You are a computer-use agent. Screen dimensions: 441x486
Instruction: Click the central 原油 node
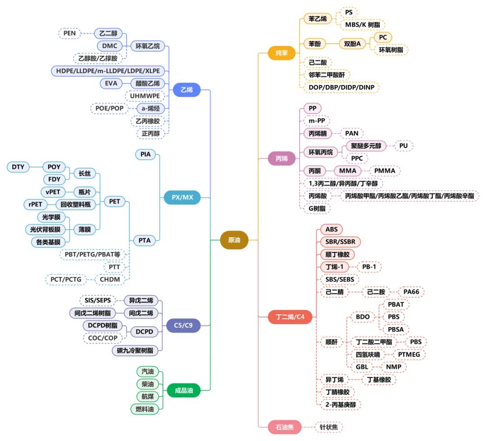[234, 240]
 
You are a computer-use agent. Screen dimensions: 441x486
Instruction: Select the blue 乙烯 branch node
[187, 90]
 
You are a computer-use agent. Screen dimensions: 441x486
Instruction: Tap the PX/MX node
[182, 197]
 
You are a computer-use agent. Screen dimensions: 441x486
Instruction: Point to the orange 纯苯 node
[281, 53]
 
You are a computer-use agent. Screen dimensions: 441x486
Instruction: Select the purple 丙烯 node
[282, 158]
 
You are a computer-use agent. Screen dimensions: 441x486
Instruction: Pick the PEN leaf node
[70, 33]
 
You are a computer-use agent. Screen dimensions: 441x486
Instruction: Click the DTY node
[18, 167]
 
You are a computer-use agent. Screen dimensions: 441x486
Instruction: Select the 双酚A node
[352, 44]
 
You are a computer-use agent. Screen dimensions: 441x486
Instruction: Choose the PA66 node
[411, 292]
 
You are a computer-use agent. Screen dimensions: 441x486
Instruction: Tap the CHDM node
[110, 279]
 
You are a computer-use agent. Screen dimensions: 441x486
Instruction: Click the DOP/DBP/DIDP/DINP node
[341, 87]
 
